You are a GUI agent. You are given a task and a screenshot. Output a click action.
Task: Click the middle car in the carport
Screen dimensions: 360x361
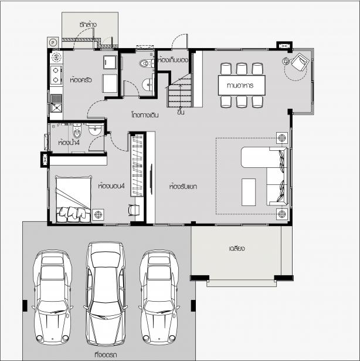tap(106, 293)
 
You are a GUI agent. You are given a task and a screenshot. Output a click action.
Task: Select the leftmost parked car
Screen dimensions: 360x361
tap(52, 297)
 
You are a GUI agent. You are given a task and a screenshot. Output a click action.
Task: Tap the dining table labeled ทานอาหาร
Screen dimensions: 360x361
tap(242, 85)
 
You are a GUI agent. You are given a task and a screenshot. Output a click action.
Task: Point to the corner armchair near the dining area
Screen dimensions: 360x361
tap(299, 62)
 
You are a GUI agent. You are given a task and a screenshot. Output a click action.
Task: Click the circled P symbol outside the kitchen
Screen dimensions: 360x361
tap(53, 43)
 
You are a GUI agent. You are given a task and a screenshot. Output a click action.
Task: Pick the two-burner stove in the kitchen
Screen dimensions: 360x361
tap(56, 75)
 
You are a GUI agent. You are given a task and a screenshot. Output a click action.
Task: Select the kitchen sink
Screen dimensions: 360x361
tap(56, 103)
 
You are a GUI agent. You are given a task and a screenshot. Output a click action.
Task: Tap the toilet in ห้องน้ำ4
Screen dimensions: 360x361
tap(77, 130)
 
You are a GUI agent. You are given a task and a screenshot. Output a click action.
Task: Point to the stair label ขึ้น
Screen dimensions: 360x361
tap(181, 112)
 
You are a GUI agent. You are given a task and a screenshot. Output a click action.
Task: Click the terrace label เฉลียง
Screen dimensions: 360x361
tap(237, 249)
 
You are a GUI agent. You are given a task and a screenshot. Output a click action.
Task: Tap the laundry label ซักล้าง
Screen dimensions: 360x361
tap(88, 25)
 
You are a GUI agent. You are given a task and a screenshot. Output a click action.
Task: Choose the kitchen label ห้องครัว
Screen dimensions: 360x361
tap(81, 80)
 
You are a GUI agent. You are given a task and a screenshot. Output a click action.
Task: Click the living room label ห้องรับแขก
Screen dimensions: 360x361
tap(183, 186)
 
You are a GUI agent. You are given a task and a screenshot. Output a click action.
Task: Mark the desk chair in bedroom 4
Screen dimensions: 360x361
tap(134, 210)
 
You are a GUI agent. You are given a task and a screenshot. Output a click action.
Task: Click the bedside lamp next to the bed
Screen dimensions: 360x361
tap(98, 215)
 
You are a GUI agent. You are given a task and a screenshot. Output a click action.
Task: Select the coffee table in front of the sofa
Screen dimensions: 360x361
tap(249, 192)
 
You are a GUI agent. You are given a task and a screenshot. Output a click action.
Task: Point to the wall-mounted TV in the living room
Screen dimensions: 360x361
tap(151, 180)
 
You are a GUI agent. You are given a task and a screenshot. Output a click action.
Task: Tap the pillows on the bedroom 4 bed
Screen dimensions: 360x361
tap(73, 214)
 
